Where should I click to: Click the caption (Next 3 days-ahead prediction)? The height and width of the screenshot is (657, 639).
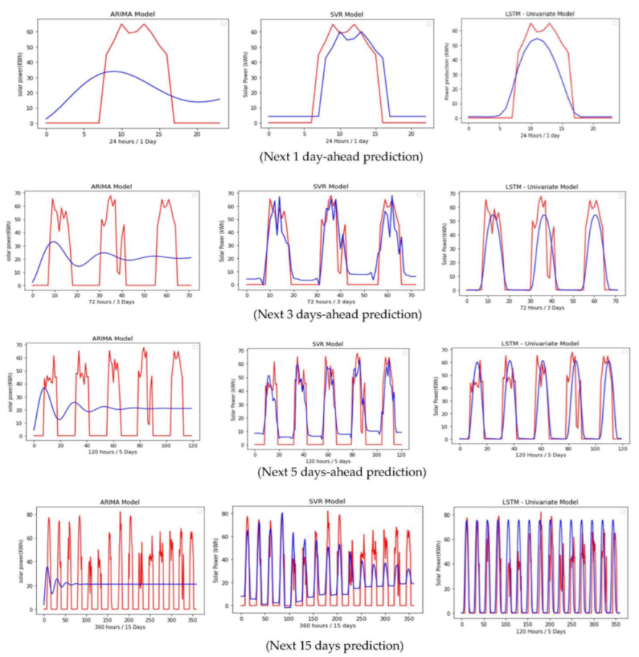(x=337, y=315)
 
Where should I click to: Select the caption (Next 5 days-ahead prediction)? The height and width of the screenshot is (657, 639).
(x=341, y=472)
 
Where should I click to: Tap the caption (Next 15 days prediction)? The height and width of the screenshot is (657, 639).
(x=334, y=645)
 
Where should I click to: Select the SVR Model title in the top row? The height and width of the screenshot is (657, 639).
(x=347, y=14)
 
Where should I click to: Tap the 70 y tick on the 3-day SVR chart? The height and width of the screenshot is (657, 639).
(x=232, y=193)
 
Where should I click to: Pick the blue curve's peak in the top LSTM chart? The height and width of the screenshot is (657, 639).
(x=536, y=39)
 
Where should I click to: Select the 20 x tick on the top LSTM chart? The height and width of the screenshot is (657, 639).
(x=593, y=128)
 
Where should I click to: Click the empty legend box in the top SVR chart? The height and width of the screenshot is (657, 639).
(x=429, y=24)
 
